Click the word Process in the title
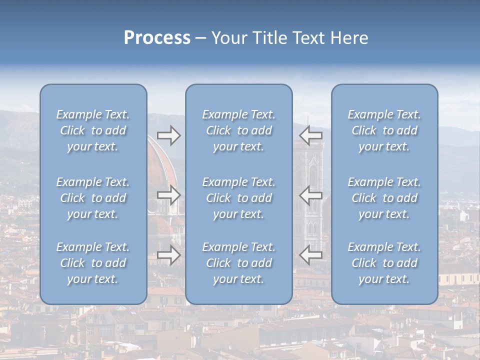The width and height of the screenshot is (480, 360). (157, 38)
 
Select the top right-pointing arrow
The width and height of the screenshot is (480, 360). (168, 135)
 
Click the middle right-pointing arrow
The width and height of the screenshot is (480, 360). (168, 195)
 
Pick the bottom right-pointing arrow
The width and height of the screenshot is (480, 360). (168, 255)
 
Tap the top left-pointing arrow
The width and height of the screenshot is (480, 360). (311, 135)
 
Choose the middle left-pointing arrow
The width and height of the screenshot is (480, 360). (311, 195)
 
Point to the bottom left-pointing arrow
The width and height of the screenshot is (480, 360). (311, 255)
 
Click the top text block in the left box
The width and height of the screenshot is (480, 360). (93, 130)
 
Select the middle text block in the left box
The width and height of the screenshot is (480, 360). (93, 198)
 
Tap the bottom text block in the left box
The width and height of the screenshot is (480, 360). (93, 263)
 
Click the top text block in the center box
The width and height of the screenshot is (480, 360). (238, 130)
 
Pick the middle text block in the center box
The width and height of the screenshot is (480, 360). (238, 198)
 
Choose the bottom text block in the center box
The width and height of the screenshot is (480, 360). (238, 263)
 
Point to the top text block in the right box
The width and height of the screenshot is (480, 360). (384, 130)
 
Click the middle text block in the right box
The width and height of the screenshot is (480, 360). (384, 198)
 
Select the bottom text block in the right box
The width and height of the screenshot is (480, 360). (384, 263)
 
